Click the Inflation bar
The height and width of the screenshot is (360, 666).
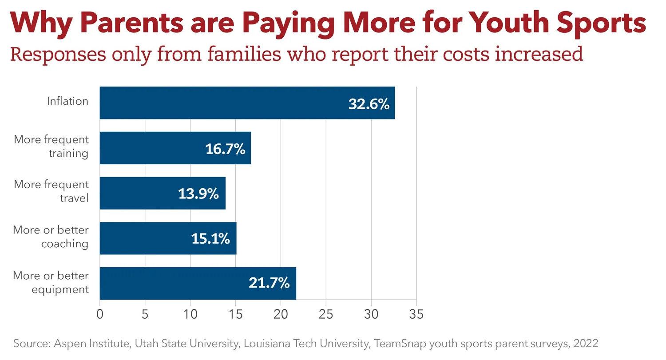click(x=222, y=103)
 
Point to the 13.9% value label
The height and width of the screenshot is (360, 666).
click(x=198, y=194)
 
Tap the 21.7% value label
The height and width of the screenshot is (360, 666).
click(x=269, y=283)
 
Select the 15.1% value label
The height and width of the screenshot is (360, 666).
click(x=210, y=239)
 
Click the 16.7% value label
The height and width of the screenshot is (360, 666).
click(x=225, y=149)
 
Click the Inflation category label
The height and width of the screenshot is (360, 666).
click(x=68, y=101)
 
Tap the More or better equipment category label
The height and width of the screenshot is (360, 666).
click(x=51, y=283)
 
